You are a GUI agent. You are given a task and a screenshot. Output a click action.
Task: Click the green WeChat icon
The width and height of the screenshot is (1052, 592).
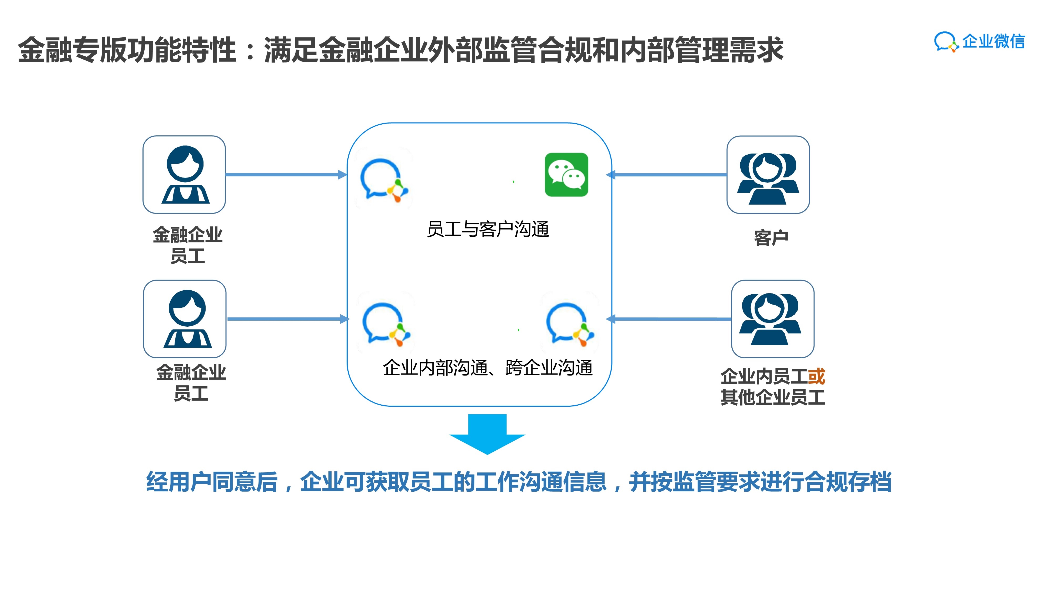[x=566, y=175]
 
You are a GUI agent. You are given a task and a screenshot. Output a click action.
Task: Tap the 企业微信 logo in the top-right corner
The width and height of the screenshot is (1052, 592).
[x=979, y=42]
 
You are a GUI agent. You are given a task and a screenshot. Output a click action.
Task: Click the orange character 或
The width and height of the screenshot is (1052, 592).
[x=816, y=376]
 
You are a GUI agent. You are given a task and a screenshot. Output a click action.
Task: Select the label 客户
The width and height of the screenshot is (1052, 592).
[x=771, y=238]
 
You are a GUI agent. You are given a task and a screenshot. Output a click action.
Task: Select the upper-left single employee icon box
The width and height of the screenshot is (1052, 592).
[x=184, y=175]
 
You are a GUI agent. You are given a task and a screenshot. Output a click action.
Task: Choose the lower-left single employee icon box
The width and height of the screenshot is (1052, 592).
[x=185, y=319]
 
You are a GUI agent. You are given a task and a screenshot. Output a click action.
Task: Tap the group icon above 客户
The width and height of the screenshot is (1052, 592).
[x=768, y=175]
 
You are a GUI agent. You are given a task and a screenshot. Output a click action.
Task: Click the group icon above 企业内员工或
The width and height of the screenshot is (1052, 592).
[x=772, y=319]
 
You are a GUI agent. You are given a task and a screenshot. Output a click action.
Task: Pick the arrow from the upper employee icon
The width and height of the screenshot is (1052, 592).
[x=286, y=175]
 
